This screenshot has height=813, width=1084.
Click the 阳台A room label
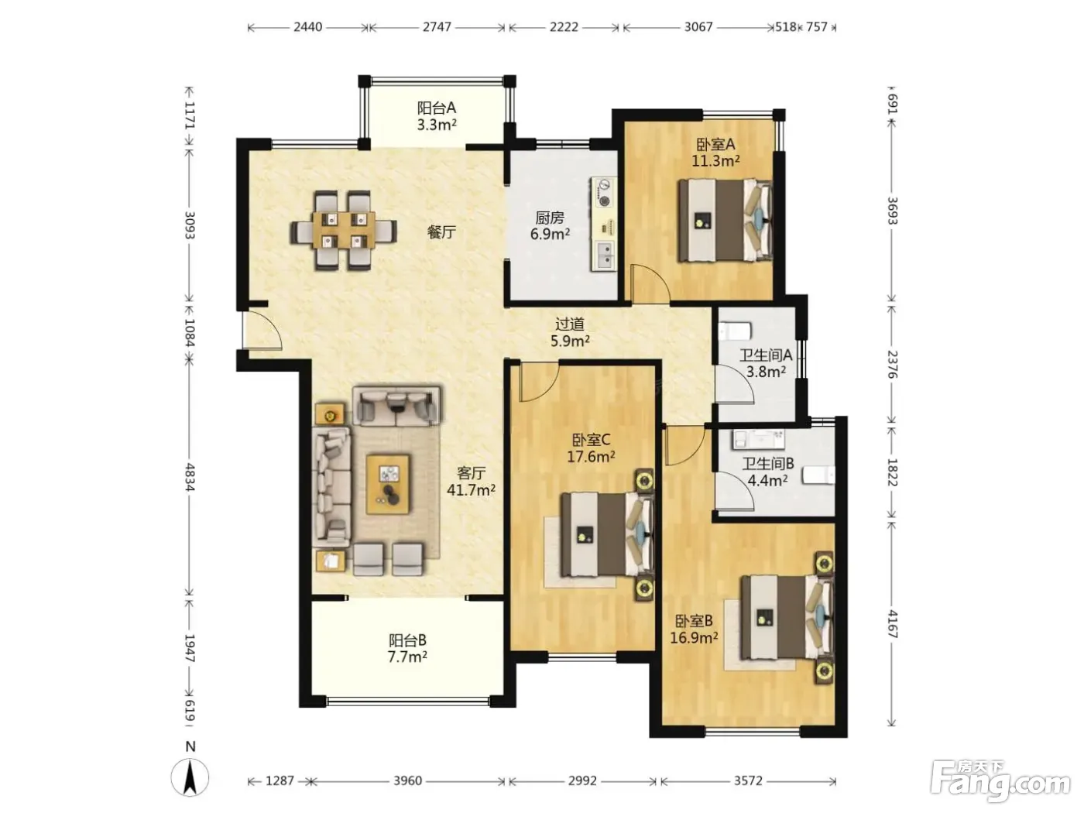tap(436, 108)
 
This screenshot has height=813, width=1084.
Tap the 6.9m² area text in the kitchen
tap(551, 234)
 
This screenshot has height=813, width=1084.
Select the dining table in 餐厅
tap(343, 231)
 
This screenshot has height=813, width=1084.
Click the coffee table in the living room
tap(388, 484)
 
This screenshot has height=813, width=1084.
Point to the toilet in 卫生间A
tap(735, 331)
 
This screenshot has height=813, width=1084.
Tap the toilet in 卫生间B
tap(818, 475)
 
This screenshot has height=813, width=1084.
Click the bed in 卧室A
tap(725, 220)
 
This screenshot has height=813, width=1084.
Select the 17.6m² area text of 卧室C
tap(591, 457)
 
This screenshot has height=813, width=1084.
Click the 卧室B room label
tap(694, 621)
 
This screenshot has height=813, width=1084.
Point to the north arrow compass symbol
tap(190, 777)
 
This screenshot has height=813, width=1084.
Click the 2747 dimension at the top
tap(437, 26)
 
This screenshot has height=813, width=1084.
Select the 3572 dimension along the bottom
tap(748, 780)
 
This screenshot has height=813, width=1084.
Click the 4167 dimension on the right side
tap(893, 624)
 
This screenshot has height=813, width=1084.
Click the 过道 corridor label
tap(569, 324)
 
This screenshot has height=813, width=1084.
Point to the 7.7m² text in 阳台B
tap(407, 657)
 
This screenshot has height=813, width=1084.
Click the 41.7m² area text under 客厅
tap(471, 489)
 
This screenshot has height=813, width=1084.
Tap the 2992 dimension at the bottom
tap(583, 780)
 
